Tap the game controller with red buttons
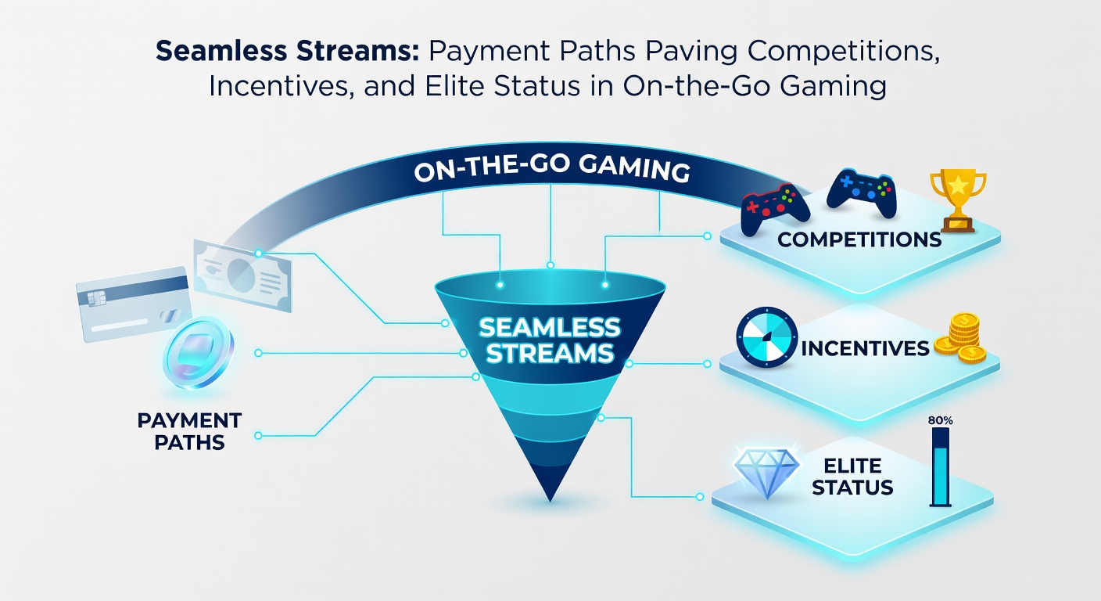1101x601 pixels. pos(774,208)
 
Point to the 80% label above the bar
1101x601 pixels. pos(941,420)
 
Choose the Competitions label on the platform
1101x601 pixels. pos(859,239)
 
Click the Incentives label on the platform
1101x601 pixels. pos(866,347)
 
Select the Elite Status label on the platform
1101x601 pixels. pos(852,477)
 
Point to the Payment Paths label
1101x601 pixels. pos(189,431)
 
